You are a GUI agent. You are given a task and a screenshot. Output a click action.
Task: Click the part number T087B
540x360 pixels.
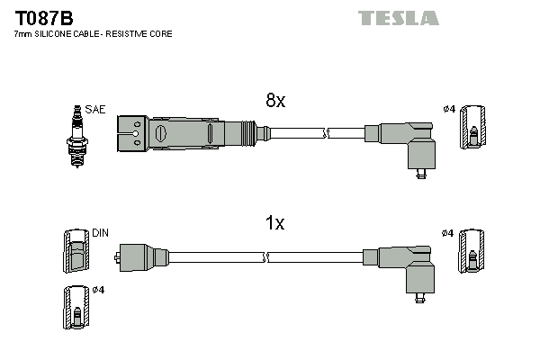[43, 17]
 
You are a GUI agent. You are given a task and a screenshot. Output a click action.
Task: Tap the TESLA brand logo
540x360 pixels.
[398, 18]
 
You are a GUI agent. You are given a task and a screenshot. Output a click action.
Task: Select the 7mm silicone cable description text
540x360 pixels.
[94, 33]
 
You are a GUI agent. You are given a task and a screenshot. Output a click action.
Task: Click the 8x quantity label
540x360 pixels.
[274, 102]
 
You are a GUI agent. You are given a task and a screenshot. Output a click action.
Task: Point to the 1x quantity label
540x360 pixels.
[274, 223]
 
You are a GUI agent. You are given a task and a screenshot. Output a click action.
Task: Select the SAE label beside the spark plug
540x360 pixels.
[96, 110]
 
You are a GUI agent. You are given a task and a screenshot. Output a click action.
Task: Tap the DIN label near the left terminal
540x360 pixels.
[100, 232]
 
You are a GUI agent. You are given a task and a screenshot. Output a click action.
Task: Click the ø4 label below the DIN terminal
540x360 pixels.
[98, 290]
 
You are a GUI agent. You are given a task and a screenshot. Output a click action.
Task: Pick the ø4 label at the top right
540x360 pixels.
[448, 110]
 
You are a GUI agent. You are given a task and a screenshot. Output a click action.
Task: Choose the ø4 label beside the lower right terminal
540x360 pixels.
[448, 233]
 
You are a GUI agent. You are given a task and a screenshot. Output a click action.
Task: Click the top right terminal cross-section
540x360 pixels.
[472, 129]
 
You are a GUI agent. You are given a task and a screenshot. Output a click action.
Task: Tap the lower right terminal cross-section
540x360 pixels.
[472, 251]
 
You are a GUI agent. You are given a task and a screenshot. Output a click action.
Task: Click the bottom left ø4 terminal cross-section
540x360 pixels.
[76, 308]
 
